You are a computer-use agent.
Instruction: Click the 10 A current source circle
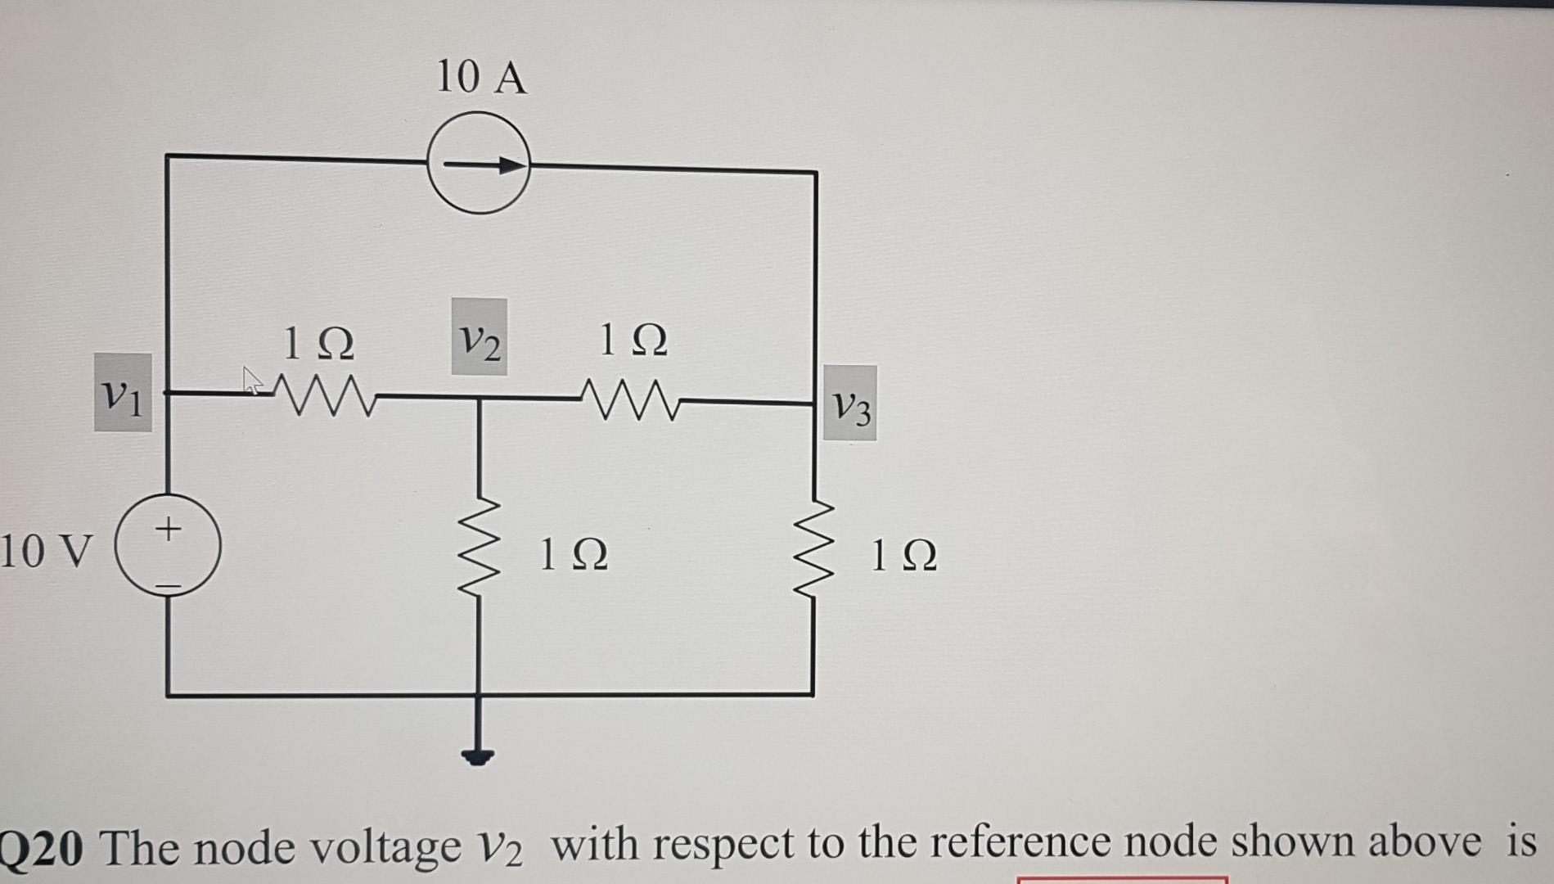click(479, 164)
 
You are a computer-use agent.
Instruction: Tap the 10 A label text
click(481, 78)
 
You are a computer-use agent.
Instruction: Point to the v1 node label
click(123, 394)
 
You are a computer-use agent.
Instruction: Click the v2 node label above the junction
click(480, 337)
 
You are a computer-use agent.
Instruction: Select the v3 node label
click(850, 404)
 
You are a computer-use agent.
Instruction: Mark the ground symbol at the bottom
click(478, 754)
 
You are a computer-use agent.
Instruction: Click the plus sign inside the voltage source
click(168, 528)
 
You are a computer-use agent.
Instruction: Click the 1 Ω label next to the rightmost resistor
click(904, 556)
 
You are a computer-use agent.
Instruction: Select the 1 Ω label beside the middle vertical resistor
click(574, 555)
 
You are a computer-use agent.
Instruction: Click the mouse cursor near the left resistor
click(251, 379)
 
